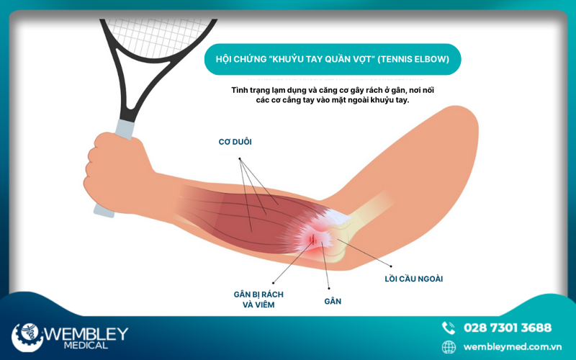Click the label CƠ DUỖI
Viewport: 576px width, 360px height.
[x=235, y=142]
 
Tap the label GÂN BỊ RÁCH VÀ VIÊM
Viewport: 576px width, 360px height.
[x=258, y=300]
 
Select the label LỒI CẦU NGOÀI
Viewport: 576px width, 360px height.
[x=413, y=279]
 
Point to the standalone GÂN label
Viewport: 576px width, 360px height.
[x=333, y=301]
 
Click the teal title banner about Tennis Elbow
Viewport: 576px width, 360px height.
[x=333, y=59]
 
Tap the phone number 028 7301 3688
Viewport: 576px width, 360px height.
[x=508, y=328]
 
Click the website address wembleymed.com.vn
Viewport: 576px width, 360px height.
[x=513, y=347]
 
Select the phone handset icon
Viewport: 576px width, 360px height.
[x=449, y=328]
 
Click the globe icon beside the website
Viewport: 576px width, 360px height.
[x=449, y=347]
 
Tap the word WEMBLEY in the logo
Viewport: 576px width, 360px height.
[x=86, y=333]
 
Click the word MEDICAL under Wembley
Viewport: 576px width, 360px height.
[x=86, y=346]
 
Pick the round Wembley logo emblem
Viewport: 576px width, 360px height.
[x=27, y=337]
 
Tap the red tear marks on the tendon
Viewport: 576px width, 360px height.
[x=312, y=239]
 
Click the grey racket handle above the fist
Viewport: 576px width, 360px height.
[x=125, y=129]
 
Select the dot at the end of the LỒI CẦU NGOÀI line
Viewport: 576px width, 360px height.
[x=391, y=266]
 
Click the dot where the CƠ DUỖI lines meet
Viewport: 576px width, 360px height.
[x=240, y=159]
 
